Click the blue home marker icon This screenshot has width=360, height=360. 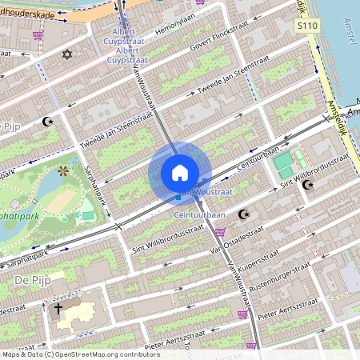point(180,173)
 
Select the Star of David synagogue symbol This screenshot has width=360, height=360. point(67,55)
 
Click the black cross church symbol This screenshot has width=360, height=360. point(58,308)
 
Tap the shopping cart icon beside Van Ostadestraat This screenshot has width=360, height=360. point(220,232)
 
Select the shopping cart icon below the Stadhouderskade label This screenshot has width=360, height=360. point(38,35)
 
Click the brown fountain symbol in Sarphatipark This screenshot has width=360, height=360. point(63,170)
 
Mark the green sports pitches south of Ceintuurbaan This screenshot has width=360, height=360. point(283,166)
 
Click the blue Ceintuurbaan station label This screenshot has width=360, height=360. point(199,215)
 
